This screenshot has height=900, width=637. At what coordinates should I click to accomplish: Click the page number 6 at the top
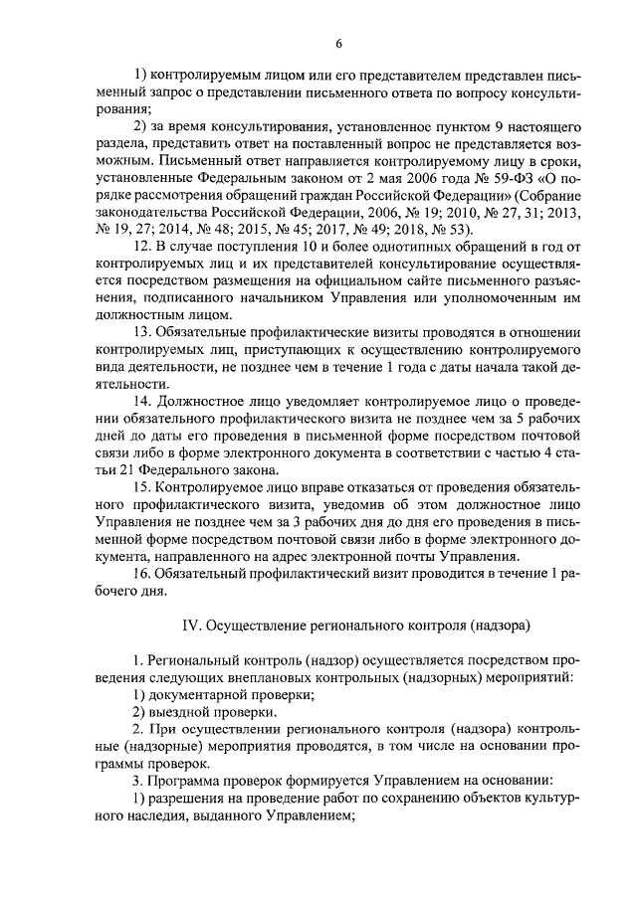click(x=338, y=44)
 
